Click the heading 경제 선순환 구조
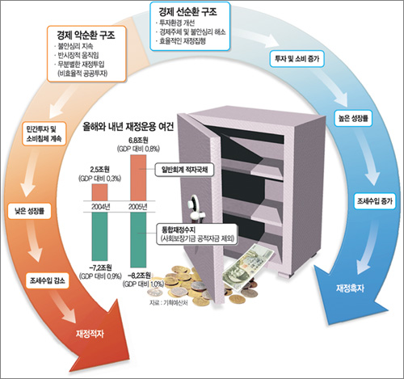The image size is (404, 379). coord(189,13)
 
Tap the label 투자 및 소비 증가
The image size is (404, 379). coord(296,59)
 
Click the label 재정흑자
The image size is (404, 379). coord(351,288)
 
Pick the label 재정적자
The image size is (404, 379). coord(95,332)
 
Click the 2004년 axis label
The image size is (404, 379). coord(99,205)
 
